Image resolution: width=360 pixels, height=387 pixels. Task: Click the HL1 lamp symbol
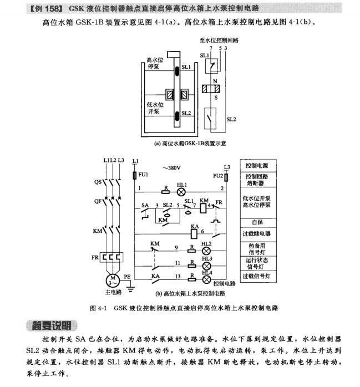(x=181, y=192)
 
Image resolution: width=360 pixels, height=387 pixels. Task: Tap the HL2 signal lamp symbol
(x=206, y=251)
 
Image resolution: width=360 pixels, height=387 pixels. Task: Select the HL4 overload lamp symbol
(x=206, y=279)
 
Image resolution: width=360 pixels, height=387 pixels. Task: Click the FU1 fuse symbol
(x=135, y=176)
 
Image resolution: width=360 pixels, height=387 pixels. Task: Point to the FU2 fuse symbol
(x=226, y=177)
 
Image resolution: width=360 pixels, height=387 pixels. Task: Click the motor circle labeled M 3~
(x=113, y=281)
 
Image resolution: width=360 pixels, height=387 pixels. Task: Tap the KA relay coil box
(x=194, y=234)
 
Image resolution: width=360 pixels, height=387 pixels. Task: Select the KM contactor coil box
(x=204, y=208)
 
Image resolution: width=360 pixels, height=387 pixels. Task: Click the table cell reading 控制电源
(x=258, y=166)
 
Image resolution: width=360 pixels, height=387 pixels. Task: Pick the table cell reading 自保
(x=258, y=223)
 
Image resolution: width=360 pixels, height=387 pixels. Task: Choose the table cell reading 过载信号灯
(x=258, y=277)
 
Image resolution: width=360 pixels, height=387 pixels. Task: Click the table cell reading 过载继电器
(x=258, y=235)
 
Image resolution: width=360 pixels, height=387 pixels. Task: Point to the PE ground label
(x=127, y=277)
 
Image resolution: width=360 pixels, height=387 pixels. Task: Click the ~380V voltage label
(x=171, y=168)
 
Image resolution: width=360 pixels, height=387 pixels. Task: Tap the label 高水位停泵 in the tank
(x=155, y=63)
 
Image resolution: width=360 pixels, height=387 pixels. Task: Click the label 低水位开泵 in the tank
(x=155, y=108)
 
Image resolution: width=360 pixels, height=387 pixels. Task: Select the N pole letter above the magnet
(x=215, y=81)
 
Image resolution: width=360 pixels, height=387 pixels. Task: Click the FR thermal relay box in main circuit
(x=111, y=257)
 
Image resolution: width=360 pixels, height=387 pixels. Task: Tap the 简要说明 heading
(x=52, y=326)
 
